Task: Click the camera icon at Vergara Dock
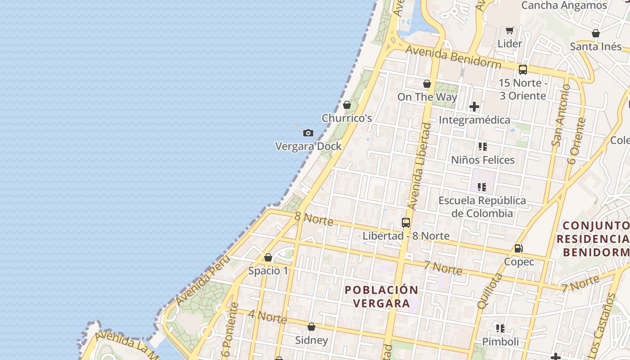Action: tap(308, 133)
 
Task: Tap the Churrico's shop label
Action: tap(346, 118)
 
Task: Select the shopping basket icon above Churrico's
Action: tap(347, 105)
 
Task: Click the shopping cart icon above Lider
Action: tap(509, 31)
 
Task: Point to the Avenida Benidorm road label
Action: tap(453, 56)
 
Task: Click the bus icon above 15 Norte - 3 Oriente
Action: tap(522, 70)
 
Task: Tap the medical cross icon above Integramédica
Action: tap(474, 107)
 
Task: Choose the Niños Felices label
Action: tap(483, 160)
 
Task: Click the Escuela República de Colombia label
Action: tap(482, 207)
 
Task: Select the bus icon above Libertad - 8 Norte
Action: tap(406, 223)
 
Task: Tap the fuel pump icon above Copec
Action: tap(519, 248)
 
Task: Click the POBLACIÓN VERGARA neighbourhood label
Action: tap(381, 297)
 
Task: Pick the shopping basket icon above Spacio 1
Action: tap(268, 258)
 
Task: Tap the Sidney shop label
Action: tap(311, 340)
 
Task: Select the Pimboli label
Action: tap(500, 342)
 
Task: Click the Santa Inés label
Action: tap(595, 46)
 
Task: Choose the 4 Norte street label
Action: tap(267, 316)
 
